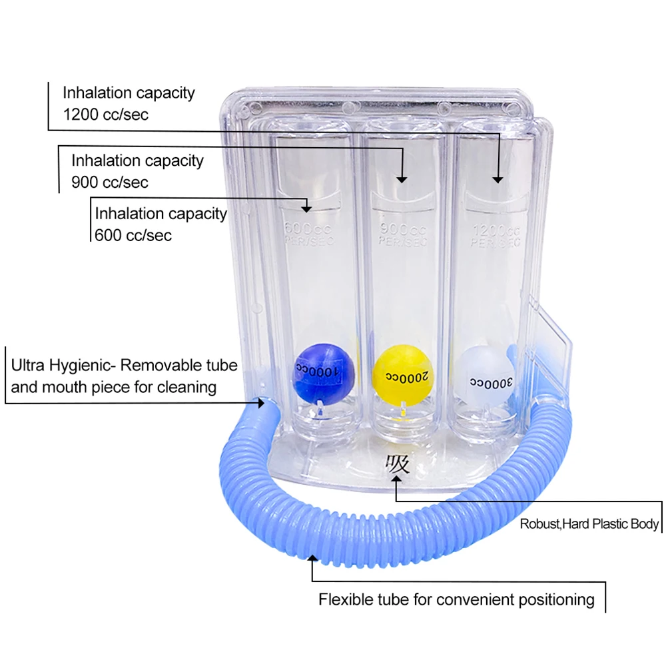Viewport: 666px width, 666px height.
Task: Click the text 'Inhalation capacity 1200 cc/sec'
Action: [129, 103]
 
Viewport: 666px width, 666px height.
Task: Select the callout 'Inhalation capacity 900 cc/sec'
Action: [137, 170]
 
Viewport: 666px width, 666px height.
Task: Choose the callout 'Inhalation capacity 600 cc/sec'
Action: [161, 224]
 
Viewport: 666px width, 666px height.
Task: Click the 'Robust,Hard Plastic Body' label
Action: [589, 524]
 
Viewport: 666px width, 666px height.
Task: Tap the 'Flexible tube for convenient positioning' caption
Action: [456, 599]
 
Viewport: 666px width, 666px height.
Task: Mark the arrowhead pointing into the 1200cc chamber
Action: [497, 178]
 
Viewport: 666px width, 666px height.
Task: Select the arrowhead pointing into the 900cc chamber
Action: [402, 178]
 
